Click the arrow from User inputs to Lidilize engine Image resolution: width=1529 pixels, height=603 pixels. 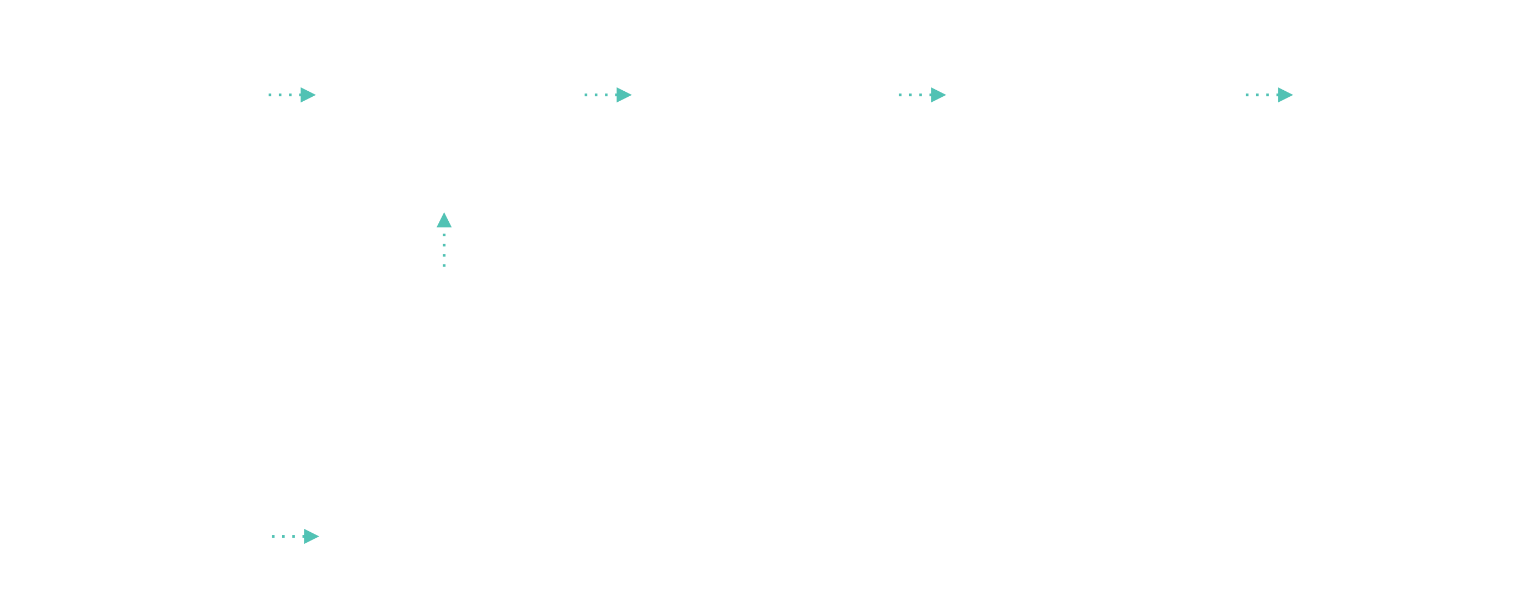click(x=292, y=95)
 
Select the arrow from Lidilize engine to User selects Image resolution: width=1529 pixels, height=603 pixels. click(x=608, y=95)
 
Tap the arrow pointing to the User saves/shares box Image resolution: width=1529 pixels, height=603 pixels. click(x=922, y=95)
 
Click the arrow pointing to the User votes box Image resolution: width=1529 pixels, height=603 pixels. click(x=1269, y=95)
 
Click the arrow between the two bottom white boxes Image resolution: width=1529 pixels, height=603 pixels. click(x=296, y=537)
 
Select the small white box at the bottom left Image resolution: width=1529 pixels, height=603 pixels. click(x=142, y=541)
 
